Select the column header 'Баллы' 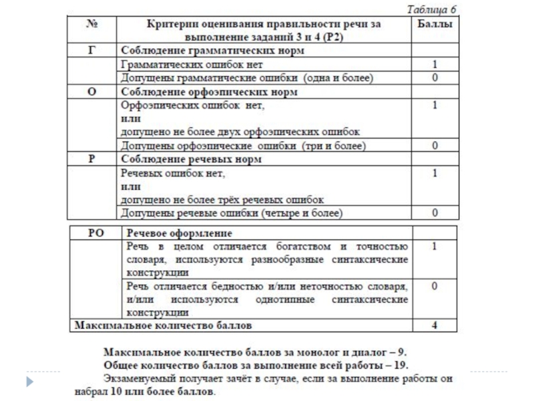(x=433, y=24)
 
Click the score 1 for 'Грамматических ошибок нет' (x=435, y=65)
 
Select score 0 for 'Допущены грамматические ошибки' (x=435, y=78)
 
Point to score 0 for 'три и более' (x=435, y=145)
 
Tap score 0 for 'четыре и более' (x=435, y=214)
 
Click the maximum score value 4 (x=435, y=326)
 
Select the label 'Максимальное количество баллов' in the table (x=164, y=326)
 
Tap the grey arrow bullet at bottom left (x=29, y=380)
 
